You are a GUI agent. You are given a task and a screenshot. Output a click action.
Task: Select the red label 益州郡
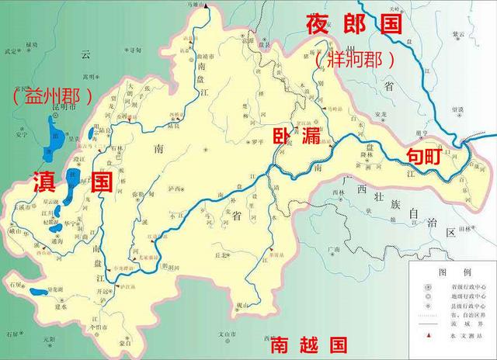52,97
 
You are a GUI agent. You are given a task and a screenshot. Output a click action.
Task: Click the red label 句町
426,156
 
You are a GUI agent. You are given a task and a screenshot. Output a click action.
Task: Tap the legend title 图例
451,272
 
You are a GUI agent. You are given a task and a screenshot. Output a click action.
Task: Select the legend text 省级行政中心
463,286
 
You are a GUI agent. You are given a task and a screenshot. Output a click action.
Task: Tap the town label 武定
10,52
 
